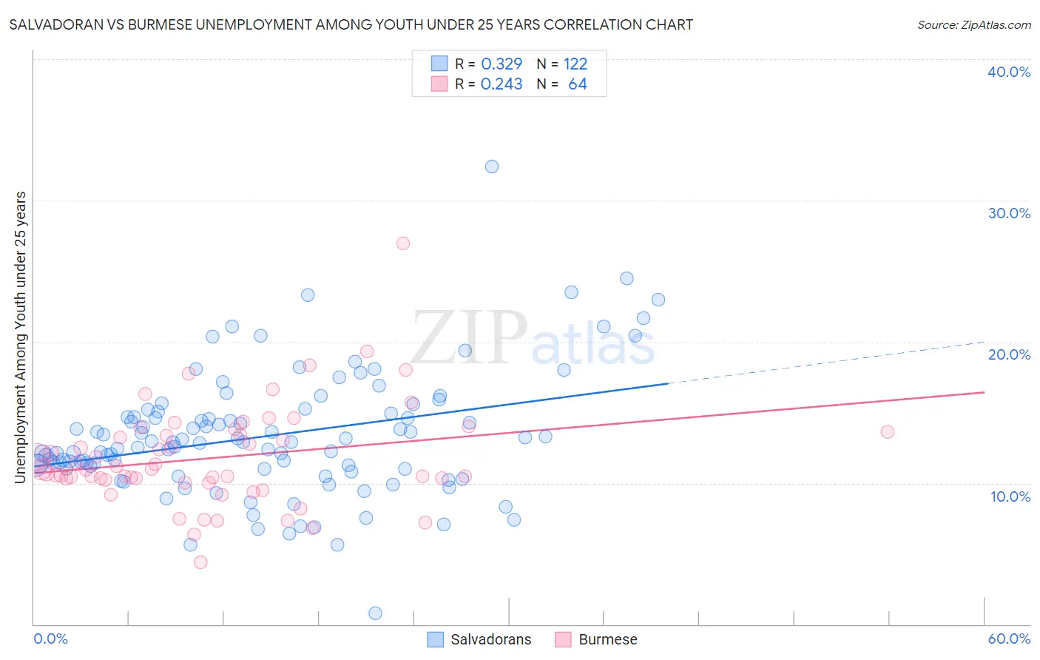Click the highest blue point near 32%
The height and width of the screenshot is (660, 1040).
(x=492, y=166)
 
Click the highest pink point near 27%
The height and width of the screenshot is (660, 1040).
(x=403, y=243)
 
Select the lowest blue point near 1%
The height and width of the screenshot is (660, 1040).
(x=375, y=613)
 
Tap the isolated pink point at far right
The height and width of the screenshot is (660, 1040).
(x=888, y=431)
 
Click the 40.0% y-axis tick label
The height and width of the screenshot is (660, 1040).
(x=1009, y=72)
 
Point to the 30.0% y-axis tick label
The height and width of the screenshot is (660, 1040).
(x=1009, y=213)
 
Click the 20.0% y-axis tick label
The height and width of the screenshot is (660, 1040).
(x=1009, y=354)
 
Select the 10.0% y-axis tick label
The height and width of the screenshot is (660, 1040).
(x=1009, y=496)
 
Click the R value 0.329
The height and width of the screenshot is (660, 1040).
(x=502, y=64)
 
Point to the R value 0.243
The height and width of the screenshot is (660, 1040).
(x=502, y=84)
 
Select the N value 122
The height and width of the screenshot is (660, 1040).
(x=575, y=64)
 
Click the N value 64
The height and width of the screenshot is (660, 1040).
(x=578, y=84)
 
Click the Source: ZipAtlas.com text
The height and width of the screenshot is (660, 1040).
(x=973, y=25)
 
